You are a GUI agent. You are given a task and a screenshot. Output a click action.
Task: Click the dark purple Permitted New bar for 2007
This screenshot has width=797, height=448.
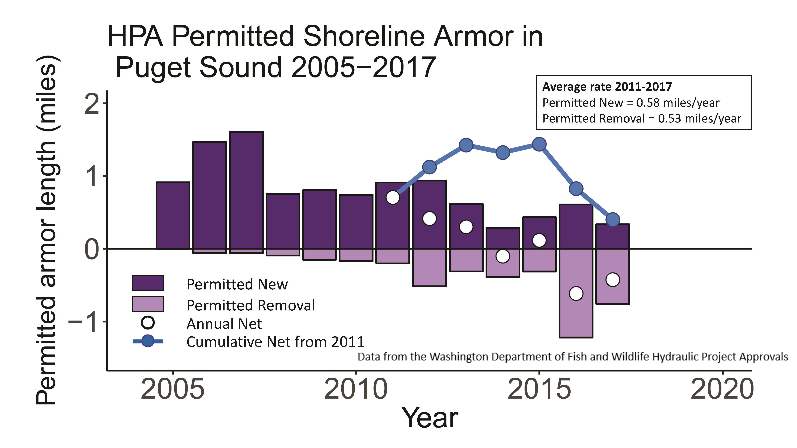tap(246, 190)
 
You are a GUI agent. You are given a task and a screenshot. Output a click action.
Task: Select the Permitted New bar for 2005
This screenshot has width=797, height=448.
tap(173, 215)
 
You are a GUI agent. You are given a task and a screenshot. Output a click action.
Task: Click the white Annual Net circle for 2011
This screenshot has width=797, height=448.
tap(393, 197)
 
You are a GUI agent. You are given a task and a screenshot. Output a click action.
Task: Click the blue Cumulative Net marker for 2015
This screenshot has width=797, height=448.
tap(539, 144)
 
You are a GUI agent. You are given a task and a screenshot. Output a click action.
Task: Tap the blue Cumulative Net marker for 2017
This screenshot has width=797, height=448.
tap(613, 220)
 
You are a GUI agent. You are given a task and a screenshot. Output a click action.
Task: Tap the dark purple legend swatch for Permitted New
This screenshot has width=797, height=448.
tap(148, 283)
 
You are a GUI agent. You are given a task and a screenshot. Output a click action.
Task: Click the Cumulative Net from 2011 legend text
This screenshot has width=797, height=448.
tap(275, 342)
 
